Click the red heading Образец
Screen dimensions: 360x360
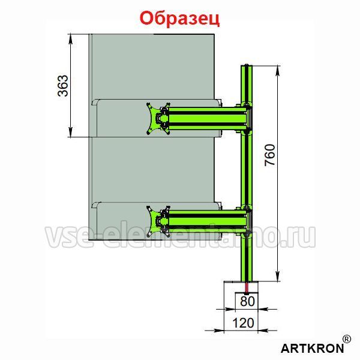tap(179, 19)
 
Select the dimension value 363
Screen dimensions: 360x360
tap(63, 86)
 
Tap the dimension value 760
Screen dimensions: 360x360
tap(269, 155)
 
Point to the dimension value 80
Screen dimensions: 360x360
tap(247, 301)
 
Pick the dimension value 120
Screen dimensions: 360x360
tap(244, 323)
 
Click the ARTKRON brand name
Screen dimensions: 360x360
tap(312, 348)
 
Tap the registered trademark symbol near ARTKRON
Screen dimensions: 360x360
tap(347, 339)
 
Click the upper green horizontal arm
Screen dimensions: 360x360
tap(208, 119)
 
